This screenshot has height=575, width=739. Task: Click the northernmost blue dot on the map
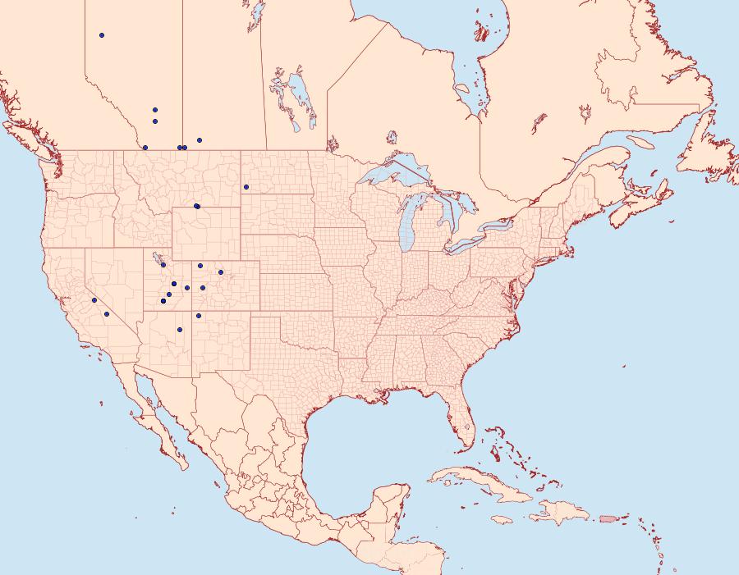(x=102, y=35)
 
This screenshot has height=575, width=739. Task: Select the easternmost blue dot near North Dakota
(x=246, y=187)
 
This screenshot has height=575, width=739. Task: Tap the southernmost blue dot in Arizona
(x=179, y=330)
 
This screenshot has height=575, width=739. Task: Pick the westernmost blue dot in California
(x=94, y=300)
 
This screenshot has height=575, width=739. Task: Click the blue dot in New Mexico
(x=199, y=316)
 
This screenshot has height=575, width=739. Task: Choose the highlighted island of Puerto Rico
(x=608, y=518)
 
